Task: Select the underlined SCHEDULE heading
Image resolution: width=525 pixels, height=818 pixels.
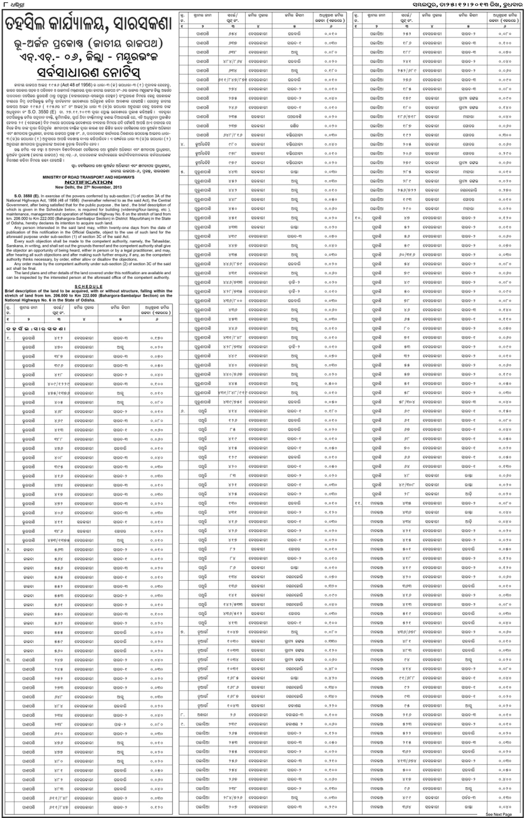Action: (88, 286)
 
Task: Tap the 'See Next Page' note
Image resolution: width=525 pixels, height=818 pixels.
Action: (498, 814)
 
